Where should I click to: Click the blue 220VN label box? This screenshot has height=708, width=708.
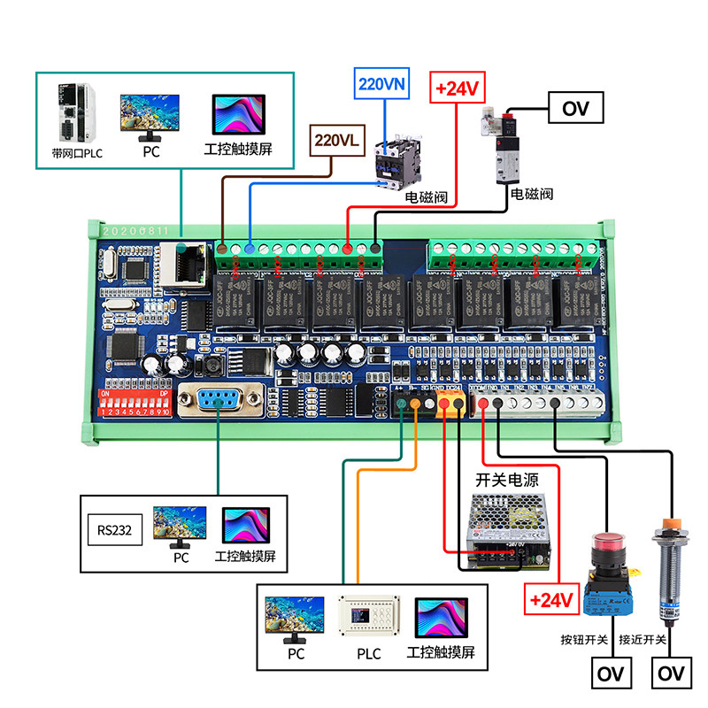tap(382, 86)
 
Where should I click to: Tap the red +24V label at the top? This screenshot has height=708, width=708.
tap(458, 89)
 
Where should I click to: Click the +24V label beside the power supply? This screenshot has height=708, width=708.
tap(552, 601)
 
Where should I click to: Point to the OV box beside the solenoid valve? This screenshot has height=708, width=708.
tap(576, 109)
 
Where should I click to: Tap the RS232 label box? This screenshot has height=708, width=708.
tap(115, 531)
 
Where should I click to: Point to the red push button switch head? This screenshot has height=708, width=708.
tap(608, 542)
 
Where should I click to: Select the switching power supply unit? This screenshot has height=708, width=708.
tap(509, 530)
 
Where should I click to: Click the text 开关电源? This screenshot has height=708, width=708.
tap(507, 480)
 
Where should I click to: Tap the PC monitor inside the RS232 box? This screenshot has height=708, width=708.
tap(180, 527)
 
